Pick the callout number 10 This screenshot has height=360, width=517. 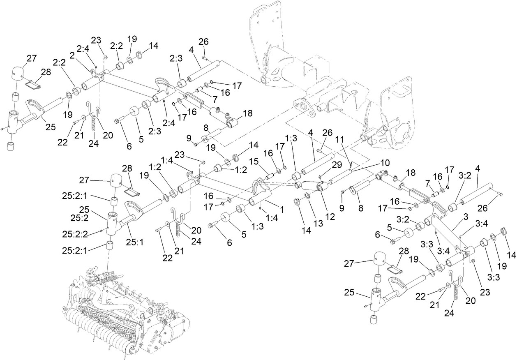coord(384,162)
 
